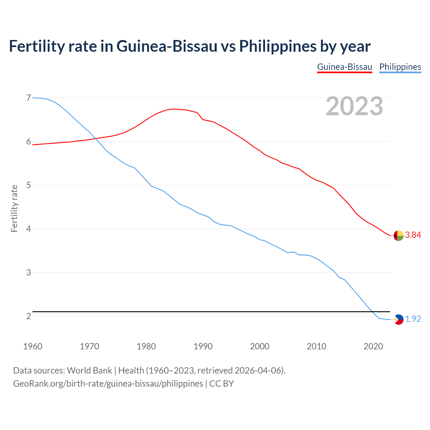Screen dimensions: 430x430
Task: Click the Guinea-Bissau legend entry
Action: pyautogui.click(x=344, y=67)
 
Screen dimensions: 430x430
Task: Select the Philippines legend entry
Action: pyautogui.click(x=400, y=67)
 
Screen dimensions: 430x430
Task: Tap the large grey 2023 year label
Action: pyautogui.click(x=354, y=106)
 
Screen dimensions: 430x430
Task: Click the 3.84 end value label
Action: pyautogui.click(x=413, y=235)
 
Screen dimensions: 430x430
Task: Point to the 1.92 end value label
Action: pyautogui.click(x=413, y=319)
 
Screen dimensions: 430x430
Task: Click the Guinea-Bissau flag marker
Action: pyautogui.click(x=398, y=236)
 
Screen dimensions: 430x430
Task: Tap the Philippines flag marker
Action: pyautogui.click(x=398, y=319)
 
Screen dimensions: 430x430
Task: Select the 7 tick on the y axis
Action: pyautogui.click(x=29, y=98)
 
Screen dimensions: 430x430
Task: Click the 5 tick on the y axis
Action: pyautogui.click(x=29, y=185)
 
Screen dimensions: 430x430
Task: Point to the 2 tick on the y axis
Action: pyautogui.click(x=29, y=316)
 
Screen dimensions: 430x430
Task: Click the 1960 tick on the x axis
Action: pyautogui.click(x=33, y=346)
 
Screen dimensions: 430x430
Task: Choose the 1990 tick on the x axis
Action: pyautogui.click(x=203, y=346)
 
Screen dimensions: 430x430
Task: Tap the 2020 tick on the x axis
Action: pyautogui.click(x=373, y=346)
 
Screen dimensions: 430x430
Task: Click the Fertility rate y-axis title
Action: pyautogui.click(x=14, y=208)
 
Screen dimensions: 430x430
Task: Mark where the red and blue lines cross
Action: pyautogui.click(x=95, y=138)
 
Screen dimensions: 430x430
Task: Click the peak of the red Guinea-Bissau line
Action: pyautogui.click(x=174, y=109)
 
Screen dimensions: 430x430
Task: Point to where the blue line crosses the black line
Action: pyautogui.click(x=372, y=312)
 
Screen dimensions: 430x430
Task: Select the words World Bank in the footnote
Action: pyautogui.click(x=89, y=371)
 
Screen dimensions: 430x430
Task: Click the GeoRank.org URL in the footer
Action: pyautogui.click(x=108, y=384)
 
